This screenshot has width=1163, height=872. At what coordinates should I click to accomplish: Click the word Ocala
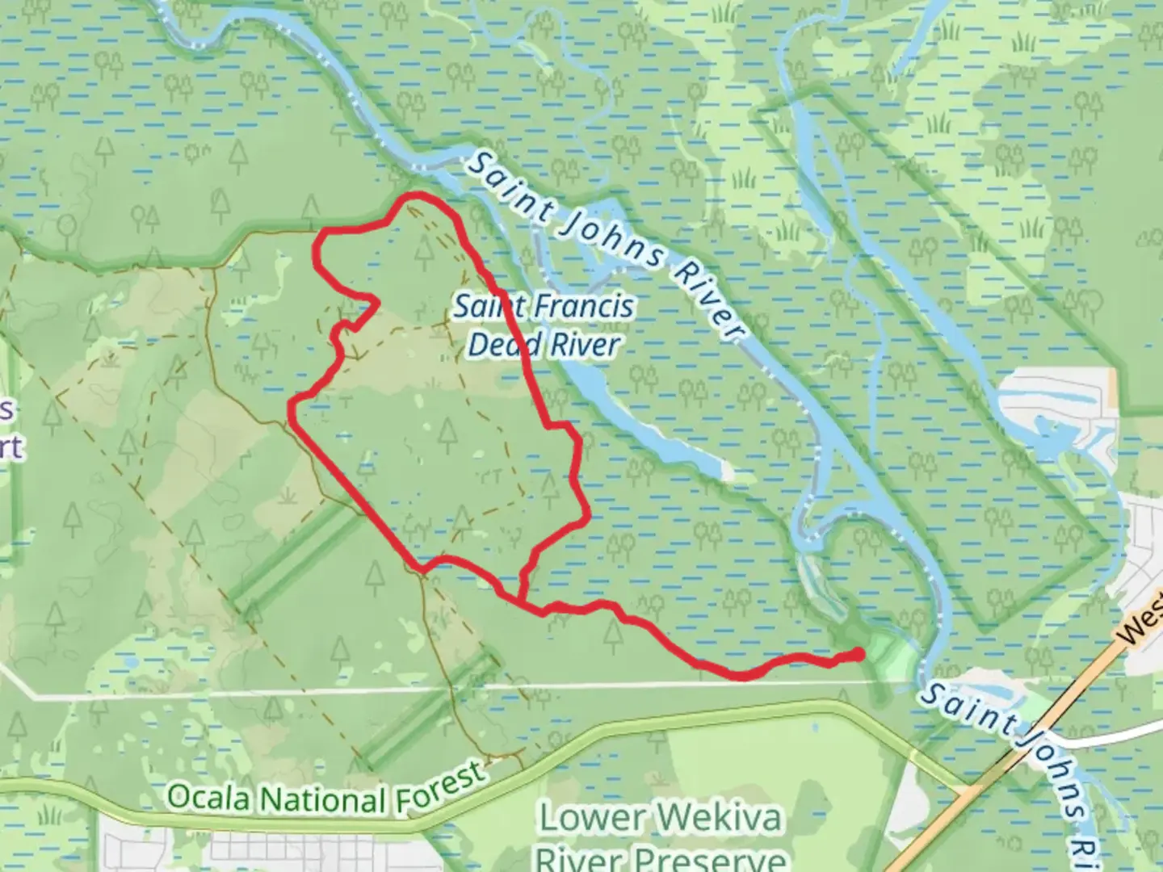[212, 798]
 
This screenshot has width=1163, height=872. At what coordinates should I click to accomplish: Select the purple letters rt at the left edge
[10, 446]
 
